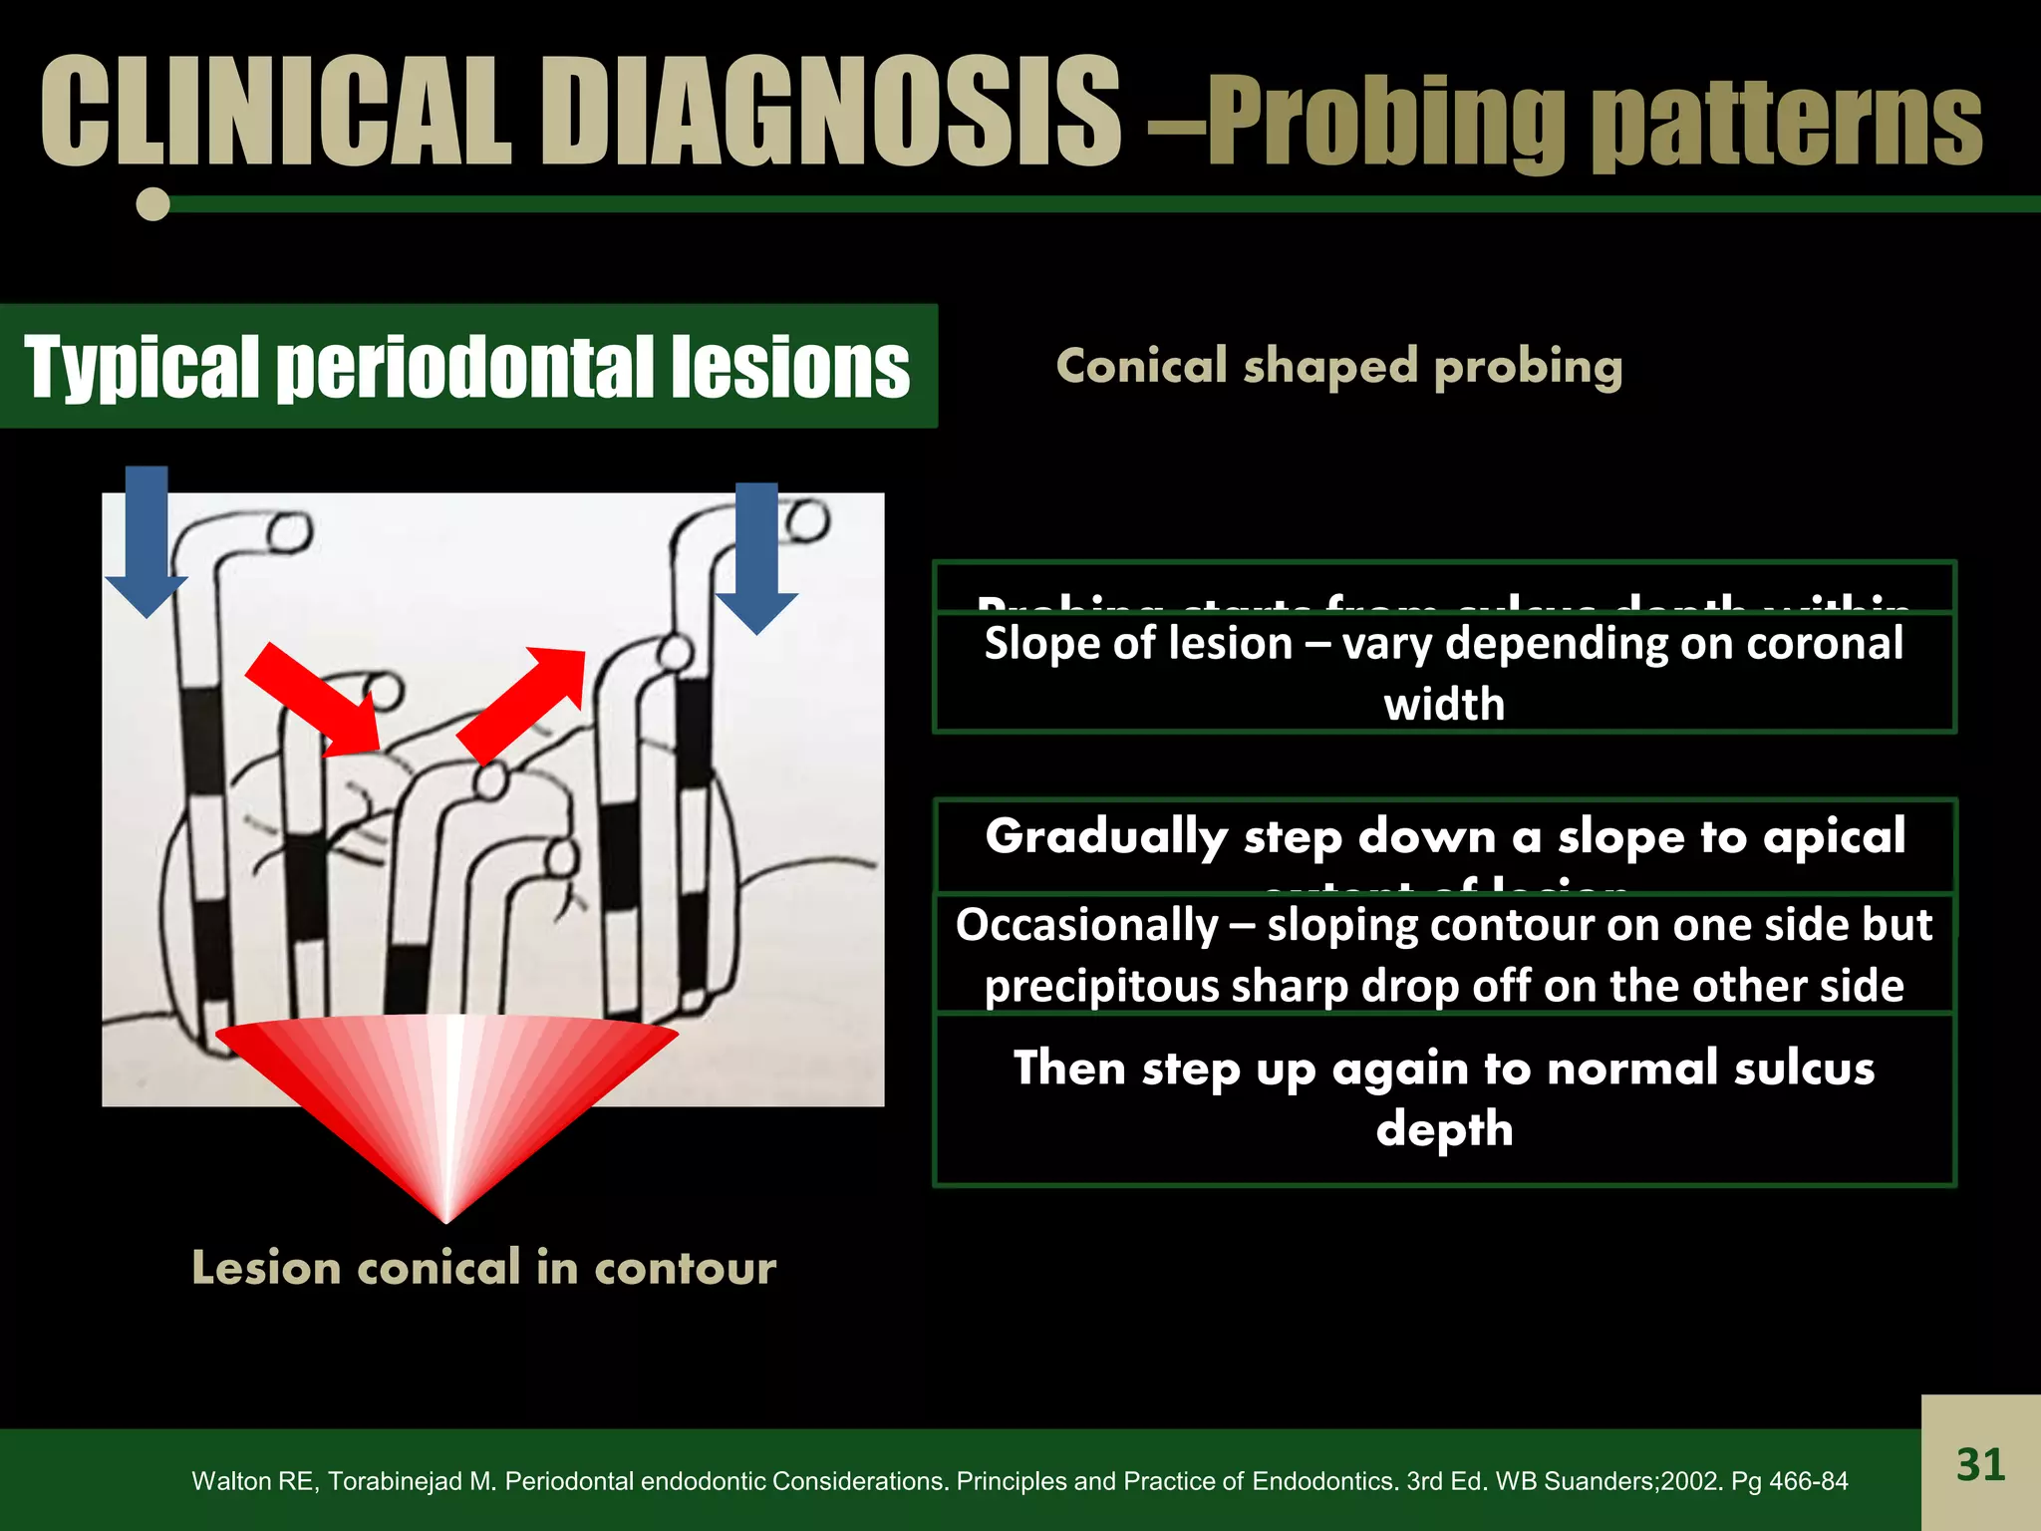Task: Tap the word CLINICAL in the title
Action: (x=275, y=112)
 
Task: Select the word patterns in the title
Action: (x=1786, y=125)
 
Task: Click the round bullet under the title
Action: (x=152, y=204)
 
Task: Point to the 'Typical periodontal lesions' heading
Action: (x=466, y=367)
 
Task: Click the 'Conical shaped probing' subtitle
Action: (x=1338, y=367)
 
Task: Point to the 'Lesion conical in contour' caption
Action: (x=483, y=1268)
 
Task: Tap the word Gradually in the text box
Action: (x=1106, y=835)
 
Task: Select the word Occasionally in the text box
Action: (x=1086, y=925)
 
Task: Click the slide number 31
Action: (x=1979, y=1464)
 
